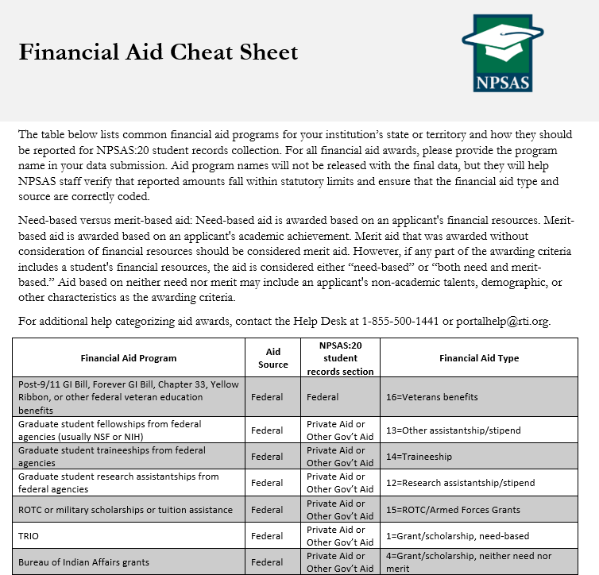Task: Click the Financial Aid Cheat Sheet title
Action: [x=158, y=52]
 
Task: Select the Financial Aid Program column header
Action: [x=129, y=358]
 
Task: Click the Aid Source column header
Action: [x=273, y=357]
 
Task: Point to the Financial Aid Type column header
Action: [x=478, y=358]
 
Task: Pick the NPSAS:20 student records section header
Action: [x=340, y=357]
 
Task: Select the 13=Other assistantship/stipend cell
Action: [x=453, y=430]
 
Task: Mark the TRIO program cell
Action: [x=29, y=536]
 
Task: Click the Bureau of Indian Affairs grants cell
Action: [x=83, y=562]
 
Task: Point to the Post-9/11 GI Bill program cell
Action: [x=128, y=397]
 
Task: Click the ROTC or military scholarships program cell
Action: [x=126, y=510]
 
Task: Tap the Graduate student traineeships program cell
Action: [x=111, y=457]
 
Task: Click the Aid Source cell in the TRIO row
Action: [x=267, y=536]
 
